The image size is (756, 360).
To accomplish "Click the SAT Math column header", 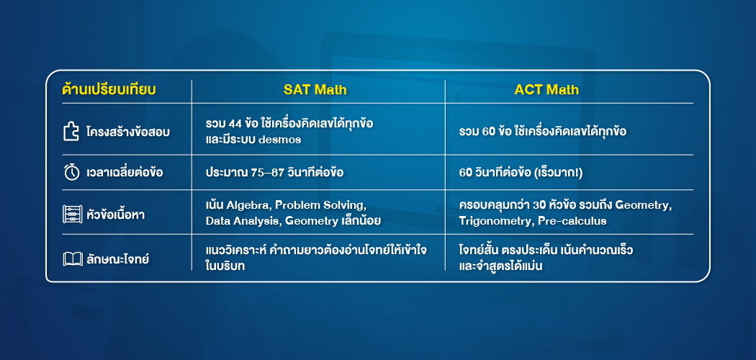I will pyautogui.click(x=315, y=90).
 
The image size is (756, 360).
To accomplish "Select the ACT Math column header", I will pyautogui.click(x=546, y=90).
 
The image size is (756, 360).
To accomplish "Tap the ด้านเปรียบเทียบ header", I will pyautogui.click(x=109, y=90).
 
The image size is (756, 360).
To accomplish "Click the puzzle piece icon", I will pyautogui.click(x=71, y=132).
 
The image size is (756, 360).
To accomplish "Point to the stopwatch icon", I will pyautogui.click(x=71, y=173).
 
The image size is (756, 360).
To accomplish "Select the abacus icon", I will pyautogui.click(x=71, y=214).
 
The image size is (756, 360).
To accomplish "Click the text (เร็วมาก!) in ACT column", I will pyautogui.click(x=563, y=173).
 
